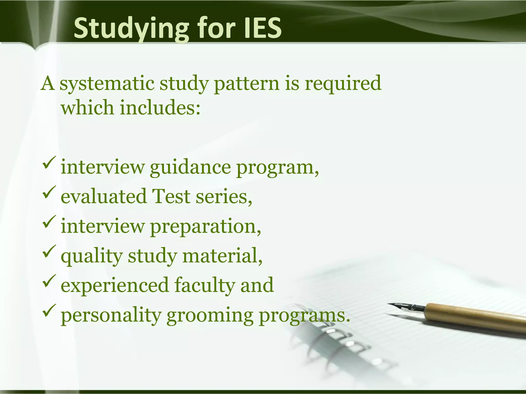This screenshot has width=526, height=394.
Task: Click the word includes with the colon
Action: tap(160, 108)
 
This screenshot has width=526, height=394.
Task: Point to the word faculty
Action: tap(204, 285)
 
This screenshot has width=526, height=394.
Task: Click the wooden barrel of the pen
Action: tap(475, 317)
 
